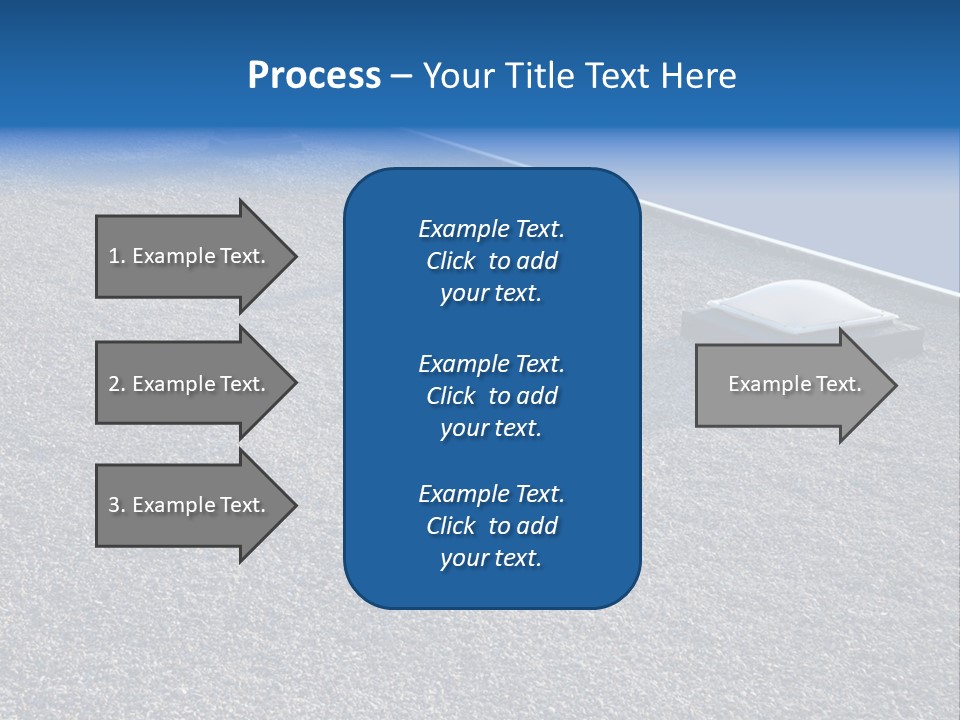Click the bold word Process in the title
click(314, 76)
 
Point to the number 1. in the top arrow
click(117, 256)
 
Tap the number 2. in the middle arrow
click(117, 384)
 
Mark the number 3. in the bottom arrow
click(117, 505)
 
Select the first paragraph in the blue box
click(491, 261)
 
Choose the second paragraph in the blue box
click(491, 396)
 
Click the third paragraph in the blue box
click(491, 526)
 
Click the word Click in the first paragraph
click(450, 261)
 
